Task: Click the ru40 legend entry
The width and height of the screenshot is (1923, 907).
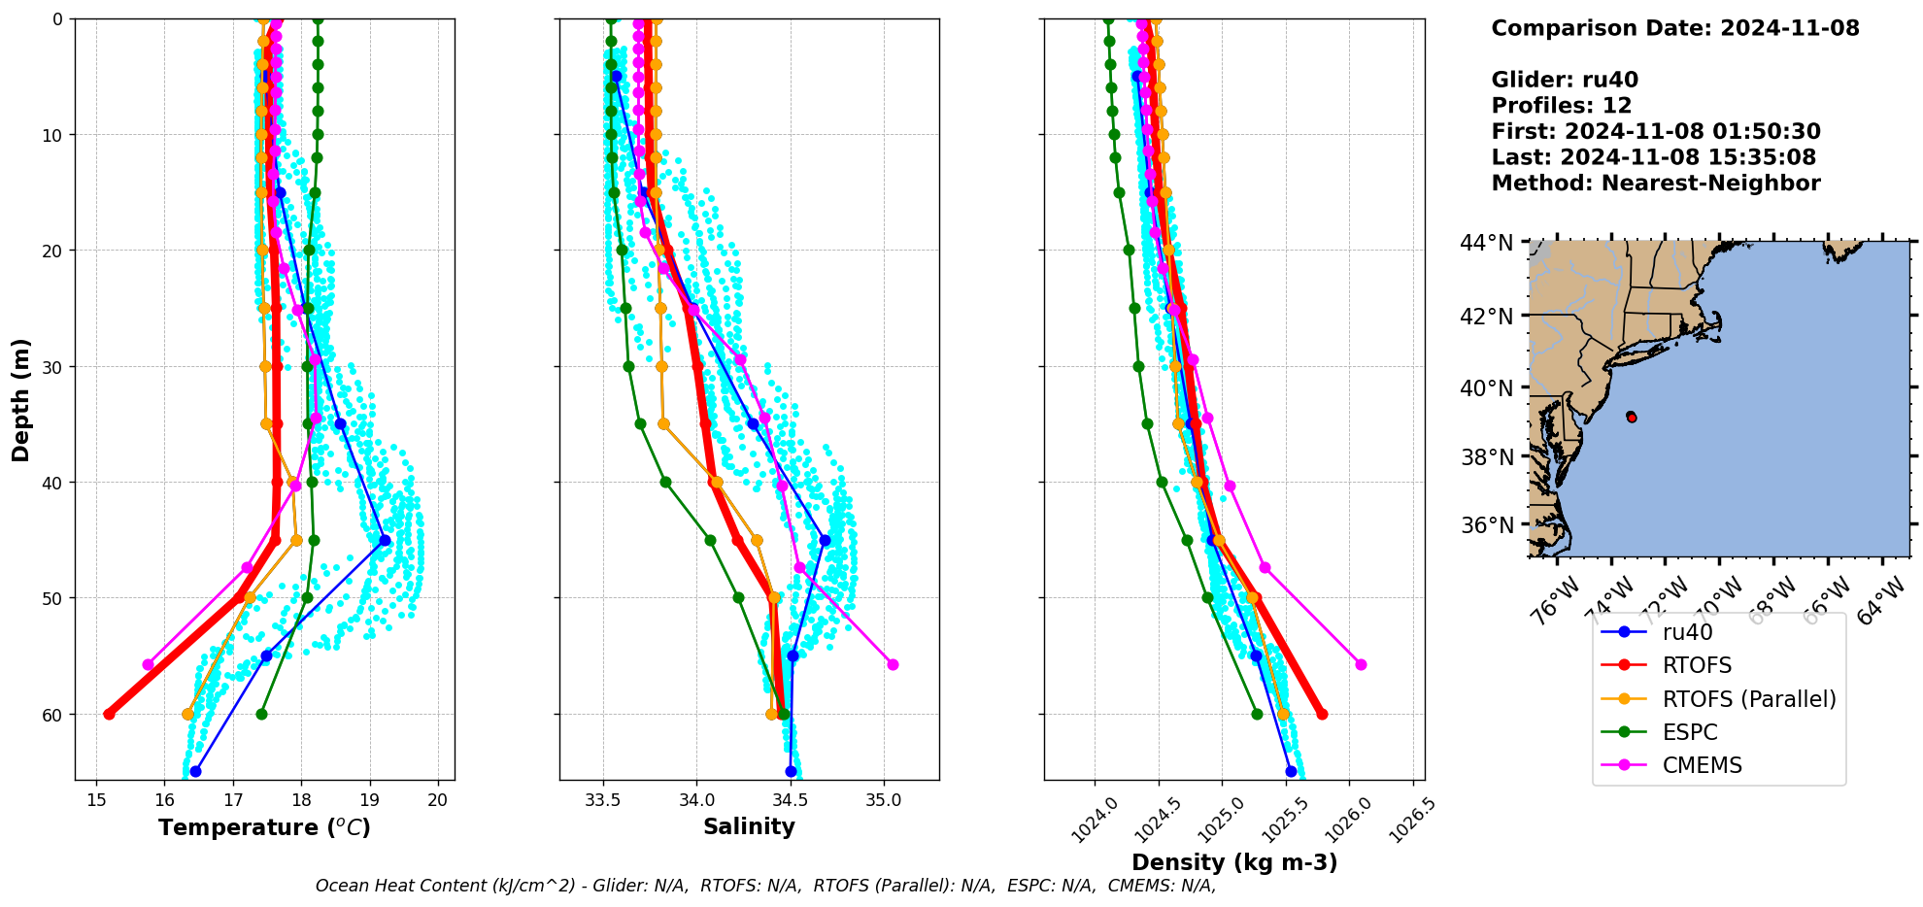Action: coord(1687,632)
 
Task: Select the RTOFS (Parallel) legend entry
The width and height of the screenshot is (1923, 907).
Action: coord(1748,699)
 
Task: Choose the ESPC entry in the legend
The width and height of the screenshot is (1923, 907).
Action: coord(1690,732)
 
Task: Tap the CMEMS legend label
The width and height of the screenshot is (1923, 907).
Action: coord(1702,765)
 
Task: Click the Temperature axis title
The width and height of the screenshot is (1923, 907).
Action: coord(264,827)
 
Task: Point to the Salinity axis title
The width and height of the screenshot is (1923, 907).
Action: coord(749,826)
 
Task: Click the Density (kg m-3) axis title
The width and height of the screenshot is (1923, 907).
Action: coord(1234,862)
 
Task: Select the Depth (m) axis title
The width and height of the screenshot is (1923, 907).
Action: coord(21,399)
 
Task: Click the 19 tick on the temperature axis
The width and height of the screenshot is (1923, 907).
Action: coord(369,800)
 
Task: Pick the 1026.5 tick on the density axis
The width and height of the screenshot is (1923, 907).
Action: coord(1411,820)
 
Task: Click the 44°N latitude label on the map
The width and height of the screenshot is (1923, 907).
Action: coord(1487,243)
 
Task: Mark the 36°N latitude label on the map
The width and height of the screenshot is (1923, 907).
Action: coord(1487,525)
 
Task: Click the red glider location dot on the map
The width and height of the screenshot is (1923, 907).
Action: coord(1631,417)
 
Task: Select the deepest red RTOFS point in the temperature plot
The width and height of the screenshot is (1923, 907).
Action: coord(109,714)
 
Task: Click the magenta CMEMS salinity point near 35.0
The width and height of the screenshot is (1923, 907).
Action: coord(893,664)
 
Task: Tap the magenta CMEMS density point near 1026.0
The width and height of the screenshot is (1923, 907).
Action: coord(1361,664)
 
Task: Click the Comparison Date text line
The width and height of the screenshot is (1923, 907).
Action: coord(1674,28)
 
